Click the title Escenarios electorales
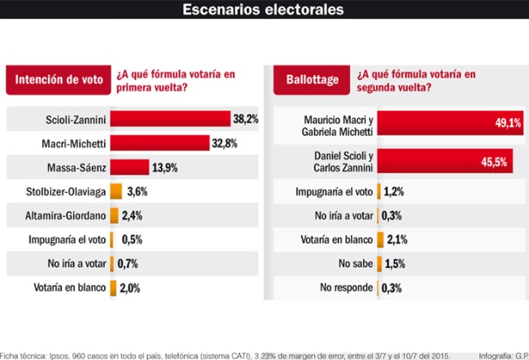pos(264,10)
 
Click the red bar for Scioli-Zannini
pos(170,119)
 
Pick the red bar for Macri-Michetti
pos(160,143)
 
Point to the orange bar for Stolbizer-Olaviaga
pos(116,192)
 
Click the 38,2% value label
pos(246,119)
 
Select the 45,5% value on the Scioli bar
pos(493,162)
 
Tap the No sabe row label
pos(354,264)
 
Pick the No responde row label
pos(346,288)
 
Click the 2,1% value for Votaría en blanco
pos(396,239)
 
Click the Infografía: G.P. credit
pos(503,355)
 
